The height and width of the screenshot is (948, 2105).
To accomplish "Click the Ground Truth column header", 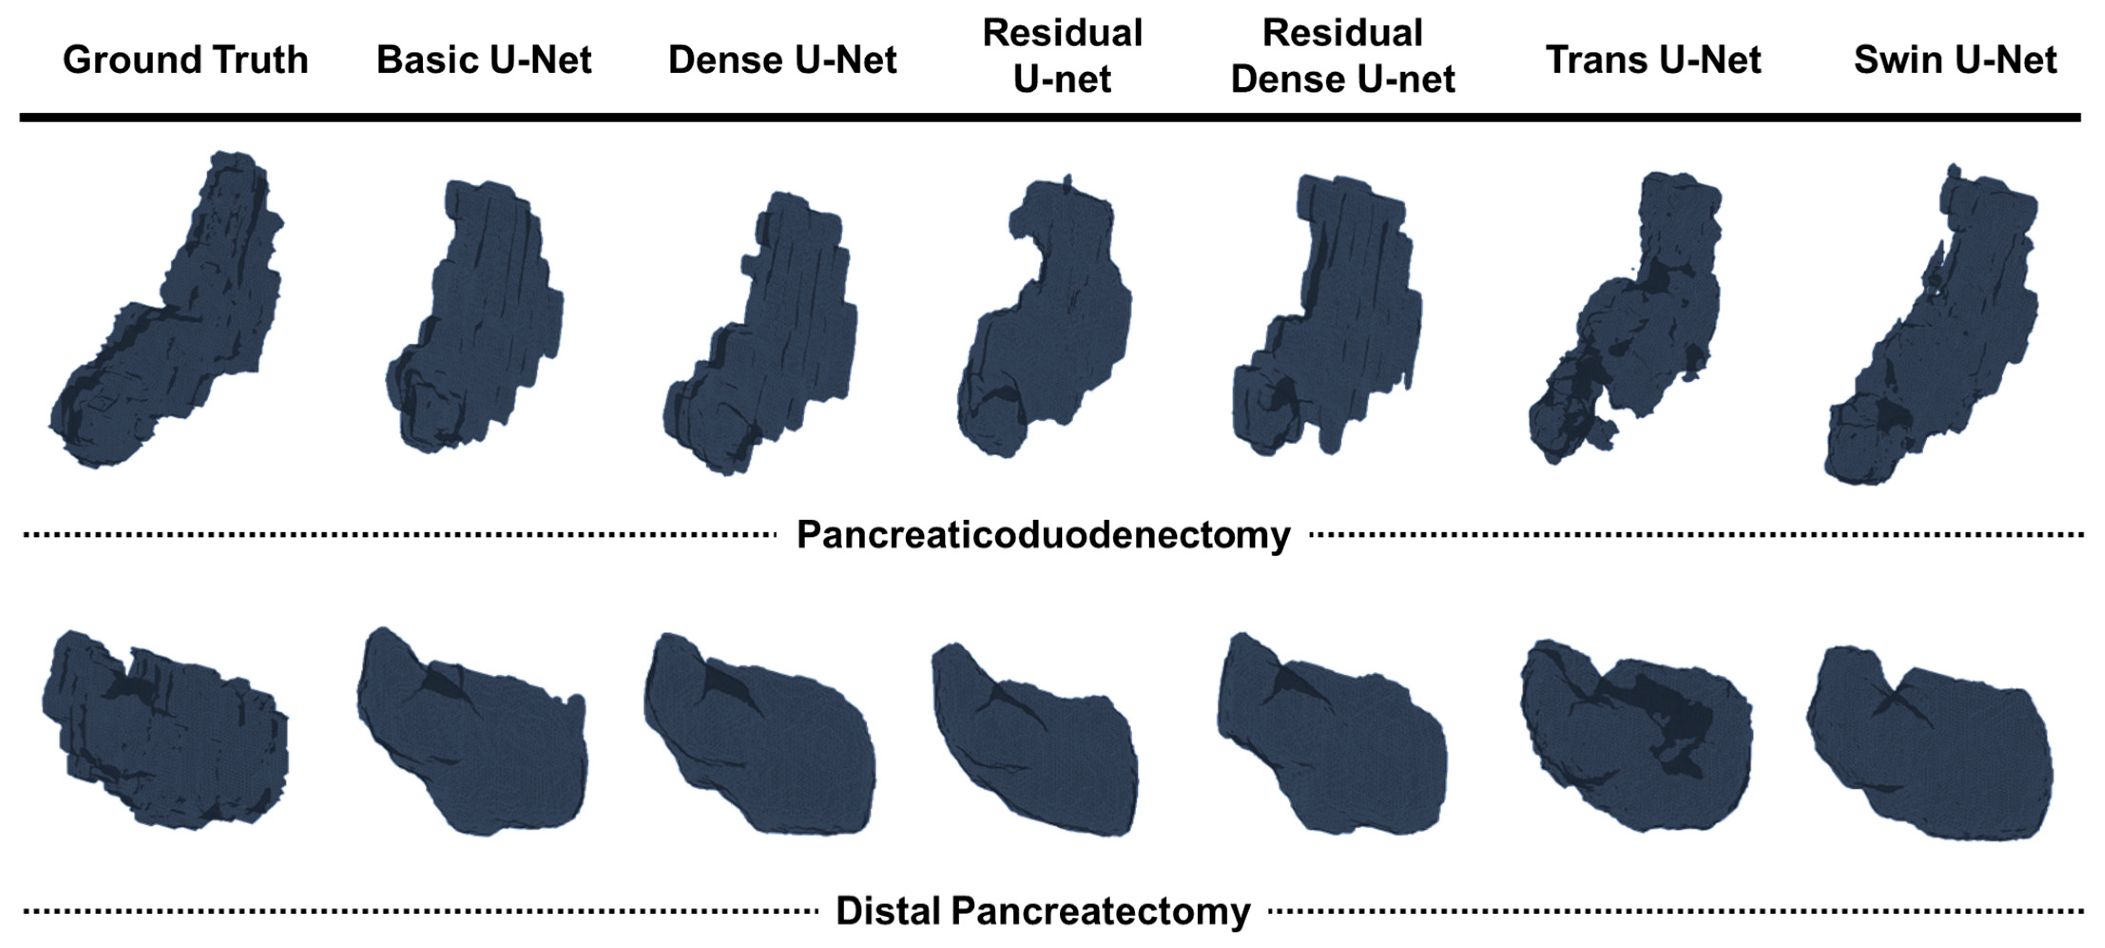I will click(x=185, y=59).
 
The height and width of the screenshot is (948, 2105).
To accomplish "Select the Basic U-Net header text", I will click(x=484, y=59).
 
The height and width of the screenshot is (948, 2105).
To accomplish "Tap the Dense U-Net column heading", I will click(x=782, y=59).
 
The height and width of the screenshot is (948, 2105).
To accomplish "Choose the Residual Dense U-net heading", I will click(x=1343, y=56).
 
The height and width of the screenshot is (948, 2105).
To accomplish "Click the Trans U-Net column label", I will click(x=1653, y=59).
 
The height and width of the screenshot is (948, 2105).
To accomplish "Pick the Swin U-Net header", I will click(x=1955, y=59).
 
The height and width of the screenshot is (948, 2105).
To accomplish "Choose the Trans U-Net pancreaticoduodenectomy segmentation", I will click(x=1634, y=327).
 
